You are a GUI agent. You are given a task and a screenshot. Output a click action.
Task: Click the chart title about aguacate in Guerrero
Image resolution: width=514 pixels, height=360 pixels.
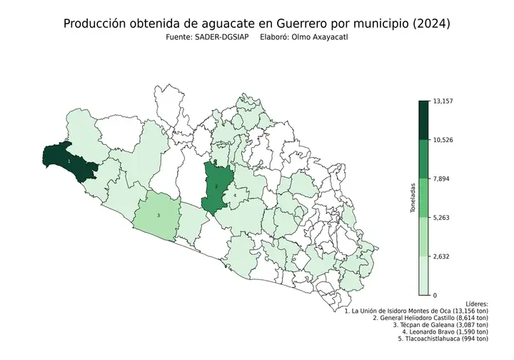click(x=257, y=24)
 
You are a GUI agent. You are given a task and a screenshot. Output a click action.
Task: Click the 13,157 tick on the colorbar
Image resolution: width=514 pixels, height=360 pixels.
click(x=443, y=101)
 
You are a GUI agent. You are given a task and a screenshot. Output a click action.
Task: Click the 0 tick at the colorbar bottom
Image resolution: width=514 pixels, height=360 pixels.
click(x=435, y=295)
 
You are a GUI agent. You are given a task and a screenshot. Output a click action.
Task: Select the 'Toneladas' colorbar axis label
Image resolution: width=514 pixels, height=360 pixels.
click(x=414, y=198)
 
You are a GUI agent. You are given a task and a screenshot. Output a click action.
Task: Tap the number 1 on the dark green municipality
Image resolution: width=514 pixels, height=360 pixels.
click(x=69, y=161)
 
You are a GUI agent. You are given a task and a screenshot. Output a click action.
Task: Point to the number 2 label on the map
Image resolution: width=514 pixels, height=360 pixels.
click(x=216, y=186)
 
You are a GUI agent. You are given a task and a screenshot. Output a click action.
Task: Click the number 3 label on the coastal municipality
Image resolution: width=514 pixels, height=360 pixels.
click(x=158, y=215)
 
